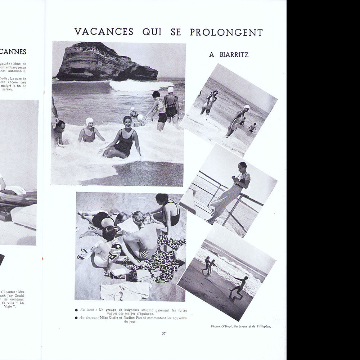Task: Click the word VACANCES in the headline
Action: point(104,32)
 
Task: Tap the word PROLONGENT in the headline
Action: point(226,32)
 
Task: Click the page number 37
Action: point(164,333)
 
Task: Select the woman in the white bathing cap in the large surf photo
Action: point(89,131)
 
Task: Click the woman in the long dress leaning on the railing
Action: point(230,191)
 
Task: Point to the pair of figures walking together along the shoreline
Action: point(208,266)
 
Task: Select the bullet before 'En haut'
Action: point(76,310)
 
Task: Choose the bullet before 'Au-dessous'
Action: point(76,318)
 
